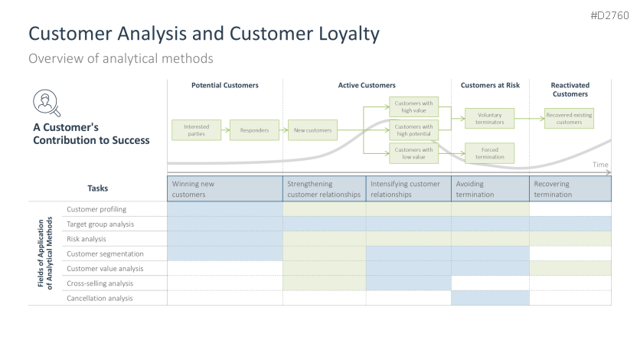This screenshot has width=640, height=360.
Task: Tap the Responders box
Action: coord(254,130)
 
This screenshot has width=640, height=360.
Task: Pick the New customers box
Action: coord(313,130)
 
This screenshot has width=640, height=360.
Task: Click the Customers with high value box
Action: coord(413,106)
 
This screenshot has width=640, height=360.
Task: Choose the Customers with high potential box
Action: coord(413,130)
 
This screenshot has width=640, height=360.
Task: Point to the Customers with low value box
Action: coord(413,153)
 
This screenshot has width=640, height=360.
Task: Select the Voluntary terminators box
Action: coord(489,118)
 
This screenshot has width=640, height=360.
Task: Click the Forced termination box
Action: coord(489,153)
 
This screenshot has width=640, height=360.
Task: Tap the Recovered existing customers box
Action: coord(569,119)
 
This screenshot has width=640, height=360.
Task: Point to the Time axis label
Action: coord(600,165)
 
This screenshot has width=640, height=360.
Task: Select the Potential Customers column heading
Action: coord(224,85)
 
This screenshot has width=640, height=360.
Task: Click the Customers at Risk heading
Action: coord(490,85)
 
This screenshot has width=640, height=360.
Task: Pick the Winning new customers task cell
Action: coord(224,189)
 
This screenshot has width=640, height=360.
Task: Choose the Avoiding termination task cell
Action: coord(490,189)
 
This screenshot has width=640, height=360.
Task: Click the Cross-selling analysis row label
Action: coord(100,283)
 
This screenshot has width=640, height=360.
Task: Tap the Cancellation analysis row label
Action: coord(100,298)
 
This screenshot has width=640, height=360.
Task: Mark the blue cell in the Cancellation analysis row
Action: coord(490,298)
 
